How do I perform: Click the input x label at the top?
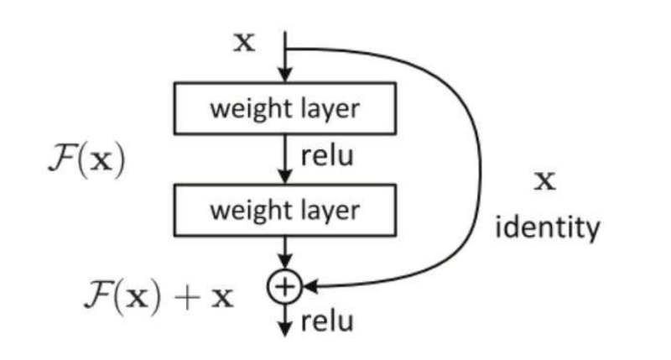tap(244, 44)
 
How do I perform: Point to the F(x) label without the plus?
tap(85, 159)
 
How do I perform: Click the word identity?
tap(548, 227)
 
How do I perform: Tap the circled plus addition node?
tap(286, 288)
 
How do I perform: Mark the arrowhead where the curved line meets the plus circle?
tap(307, 288)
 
